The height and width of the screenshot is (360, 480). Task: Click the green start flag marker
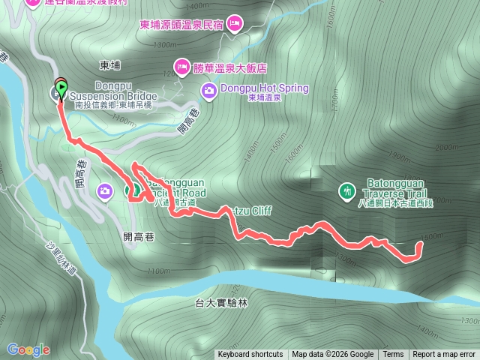click(60, 85)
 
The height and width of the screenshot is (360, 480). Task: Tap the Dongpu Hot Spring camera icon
click(208, 91)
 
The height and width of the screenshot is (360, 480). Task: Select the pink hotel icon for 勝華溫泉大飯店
click(181, 67)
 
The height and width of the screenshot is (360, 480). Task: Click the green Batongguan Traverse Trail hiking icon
click(346, 191)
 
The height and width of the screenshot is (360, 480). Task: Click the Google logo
click(28, 349)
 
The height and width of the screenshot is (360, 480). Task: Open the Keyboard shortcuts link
click(250, 355)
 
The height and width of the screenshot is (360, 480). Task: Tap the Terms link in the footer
click(393, 355)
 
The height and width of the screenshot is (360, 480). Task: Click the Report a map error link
click(444, 355)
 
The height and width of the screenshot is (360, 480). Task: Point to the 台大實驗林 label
click(220, 303)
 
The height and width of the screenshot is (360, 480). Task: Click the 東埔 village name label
click(110, 65)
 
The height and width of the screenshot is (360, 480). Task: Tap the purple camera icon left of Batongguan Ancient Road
click(103, 193)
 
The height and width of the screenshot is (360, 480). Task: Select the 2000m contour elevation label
click(445, 148)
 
